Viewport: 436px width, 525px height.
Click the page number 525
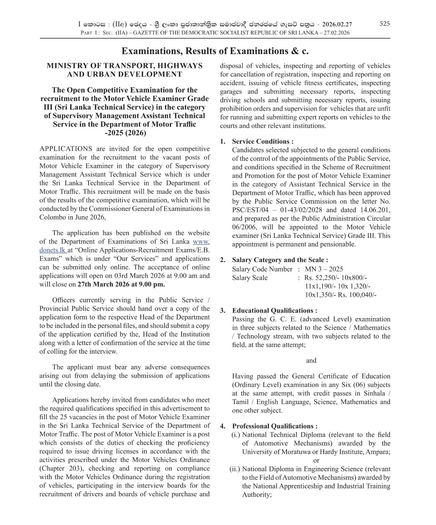[x=384, y=24]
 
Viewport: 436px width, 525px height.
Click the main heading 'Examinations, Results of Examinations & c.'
[x=215, y=51]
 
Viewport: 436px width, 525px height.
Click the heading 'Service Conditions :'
[x=263, y=141]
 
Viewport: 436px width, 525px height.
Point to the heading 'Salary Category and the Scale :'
[x=280, y=260]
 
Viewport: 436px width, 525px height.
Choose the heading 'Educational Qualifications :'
[x=275, y=311]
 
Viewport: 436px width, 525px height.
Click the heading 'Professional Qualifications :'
[x=275, y=426]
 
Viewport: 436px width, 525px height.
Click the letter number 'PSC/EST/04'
[x=249, y=210]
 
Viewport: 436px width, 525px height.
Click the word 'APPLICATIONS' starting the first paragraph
[x=66, y=149]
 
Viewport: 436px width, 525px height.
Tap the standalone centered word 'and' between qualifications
[x=311, y=360]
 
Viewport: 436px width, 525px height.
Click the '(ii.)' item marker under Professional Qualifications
[x=235, y=469]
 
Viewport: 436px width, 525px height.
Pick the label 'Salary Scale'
[x=250, y=278]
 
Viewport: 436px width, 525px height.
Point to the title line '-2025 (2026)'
[x=125, y=133]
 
